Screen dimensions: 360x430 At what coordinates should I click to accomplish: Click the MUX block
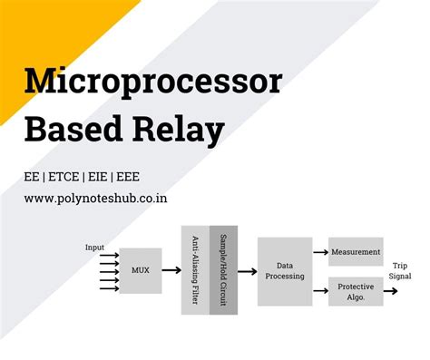(141, 271)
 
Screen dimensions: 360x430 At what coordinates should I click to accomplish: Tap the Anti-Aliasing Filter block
(195, 270)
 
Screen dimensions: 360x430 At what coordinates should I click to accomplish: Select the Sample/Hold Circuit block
(223, 270)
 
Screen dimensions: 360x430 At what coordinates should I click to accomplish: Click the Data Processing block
(284, 271)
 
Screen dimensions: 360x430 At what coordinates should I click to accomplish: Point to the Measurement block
(356, 251)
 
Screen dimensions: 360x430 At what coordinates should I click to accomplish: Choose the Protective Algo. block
(356, 291)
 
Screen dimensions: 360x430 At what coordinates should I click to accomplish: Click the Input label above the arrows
(95, 247)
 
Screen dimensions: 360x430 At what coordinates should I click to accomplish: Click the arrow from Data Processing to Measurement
(320, 252)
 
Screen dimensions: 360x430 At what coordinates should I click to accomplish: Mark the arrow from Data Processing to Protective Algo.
(320, 291)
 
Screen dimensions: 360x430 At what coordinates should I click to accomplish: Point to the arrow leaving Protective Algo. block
(391, 291)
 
